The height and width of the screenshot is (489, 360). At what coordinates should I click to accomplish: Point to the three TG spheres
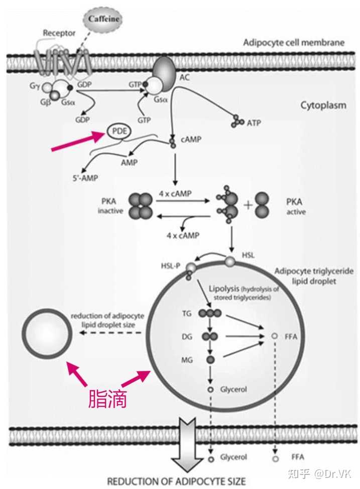coord(209,313)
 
